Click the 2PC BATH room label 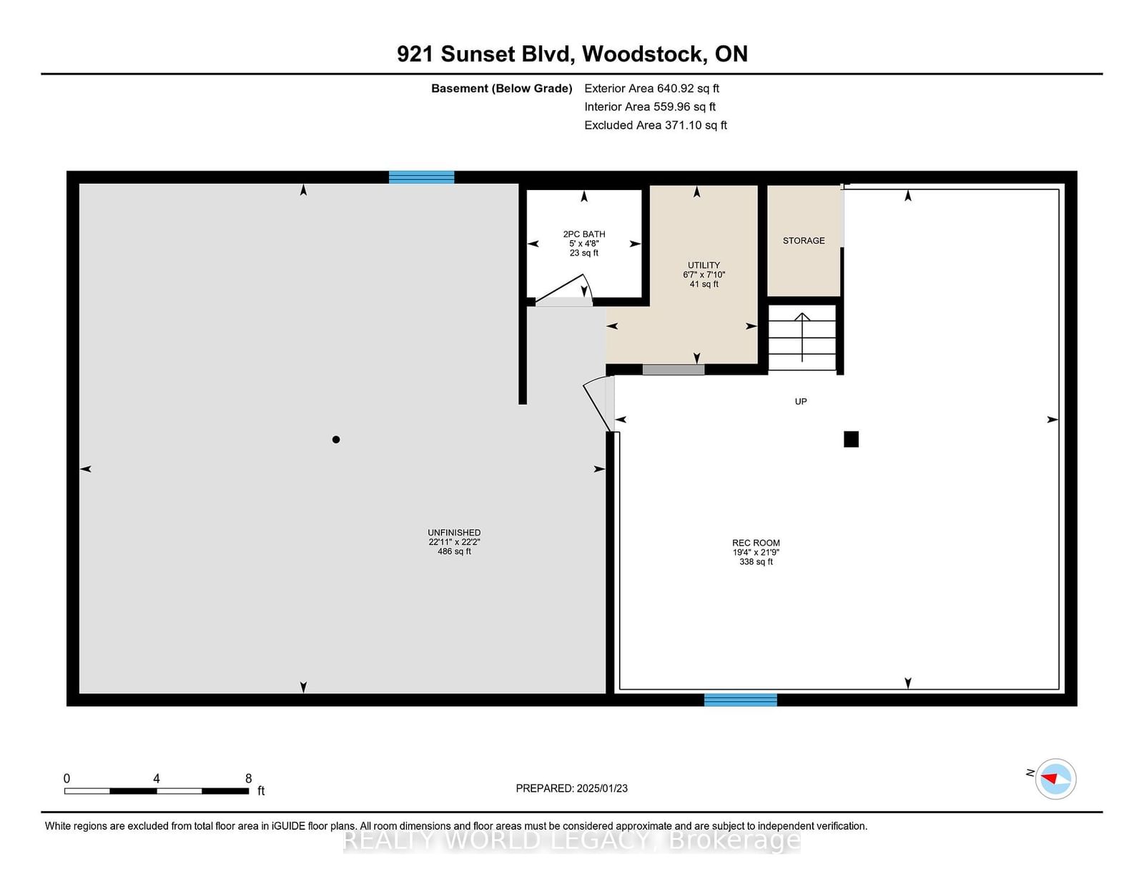(x=584, y=234)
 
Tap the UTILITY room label (x=704, y=265)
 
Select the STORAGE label (x=804, y=240)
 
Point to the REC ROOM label (x=756, y=542)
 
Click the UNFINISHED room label (x=454, y=532)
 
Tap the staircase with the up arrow (x=802, y=337)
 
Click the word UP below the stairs (x=800, y=402)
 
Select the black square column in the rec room (x=851, y=439)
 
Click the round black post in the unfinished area (x=336, y=439)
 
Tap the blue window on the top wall (x=421, y=177)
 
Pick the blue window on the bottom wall (x=740, y=700)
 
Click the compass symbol (x=1055, y=779)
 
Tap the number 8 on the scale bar (x=249, y=778)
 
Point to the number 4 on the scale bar (x=157, y=778)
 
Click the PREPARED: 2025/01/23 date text (x=571, y=788)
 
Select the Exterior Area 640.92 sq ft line (x=651, y=89)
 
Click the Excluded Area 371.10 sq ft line (x=656, y=125)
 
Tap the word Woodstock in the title (x=644, y=54)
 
